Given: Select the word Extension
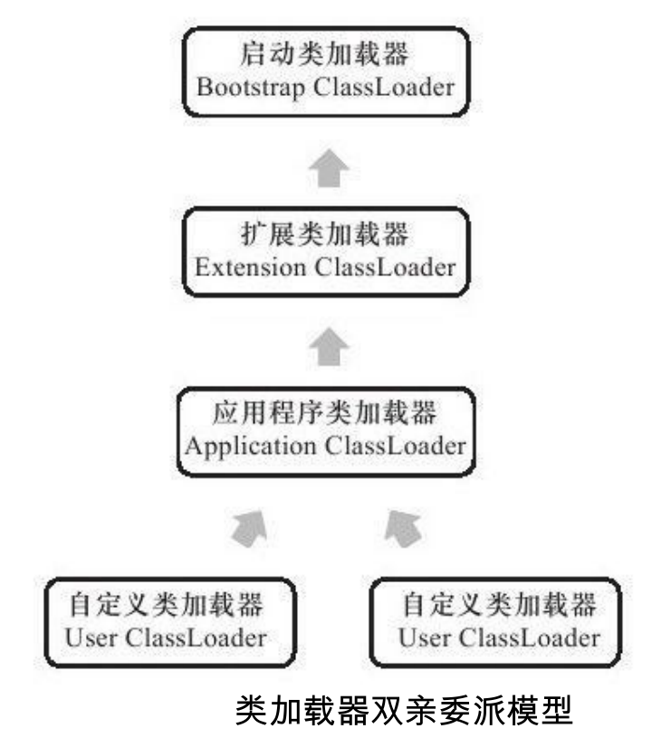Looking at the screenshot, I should tap(250, 269).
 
